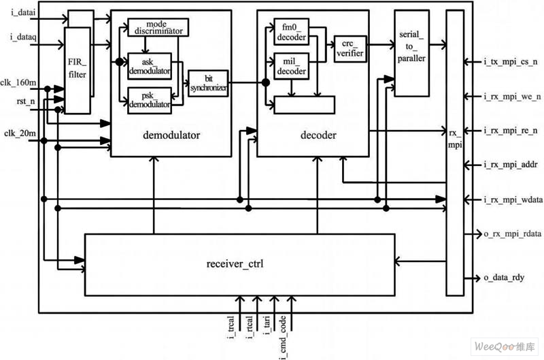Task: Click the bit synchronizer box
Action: (207, 83)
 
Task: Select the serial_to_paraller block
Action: (412, 54)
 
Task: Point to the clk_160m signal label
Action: (20, 80)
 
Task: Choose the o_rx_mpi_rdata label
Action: (507, 234)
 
